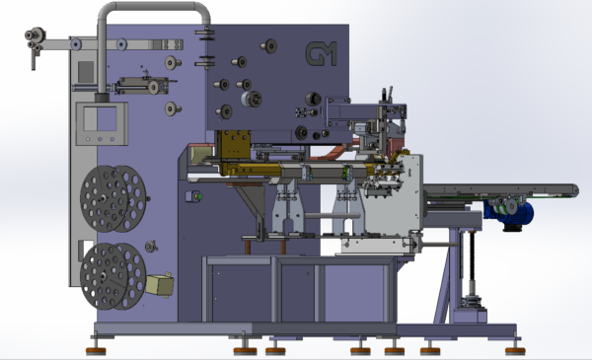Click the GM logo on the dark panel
point(321,53)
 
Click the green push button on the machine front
point(199,196)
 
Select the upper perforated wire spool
point(112,199)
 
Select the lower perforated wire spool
point(112,276)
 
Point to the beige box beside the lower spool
point(160,285)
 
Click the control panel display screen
point(100,119)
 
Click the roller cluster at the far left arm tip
point(35,39)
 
